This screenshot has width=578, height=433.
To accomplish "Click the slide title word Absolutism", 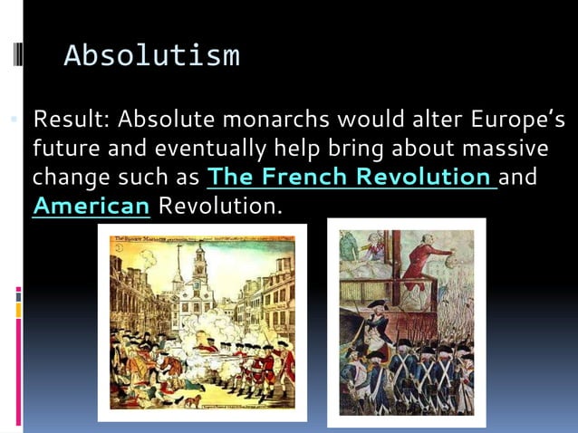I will click(x=151, y=56).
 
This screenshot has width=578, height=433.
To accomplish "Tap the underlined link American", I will click(x=91, y=205).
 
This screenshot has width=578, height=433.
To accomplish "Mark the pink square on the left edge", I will click(x=18, y=292).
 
